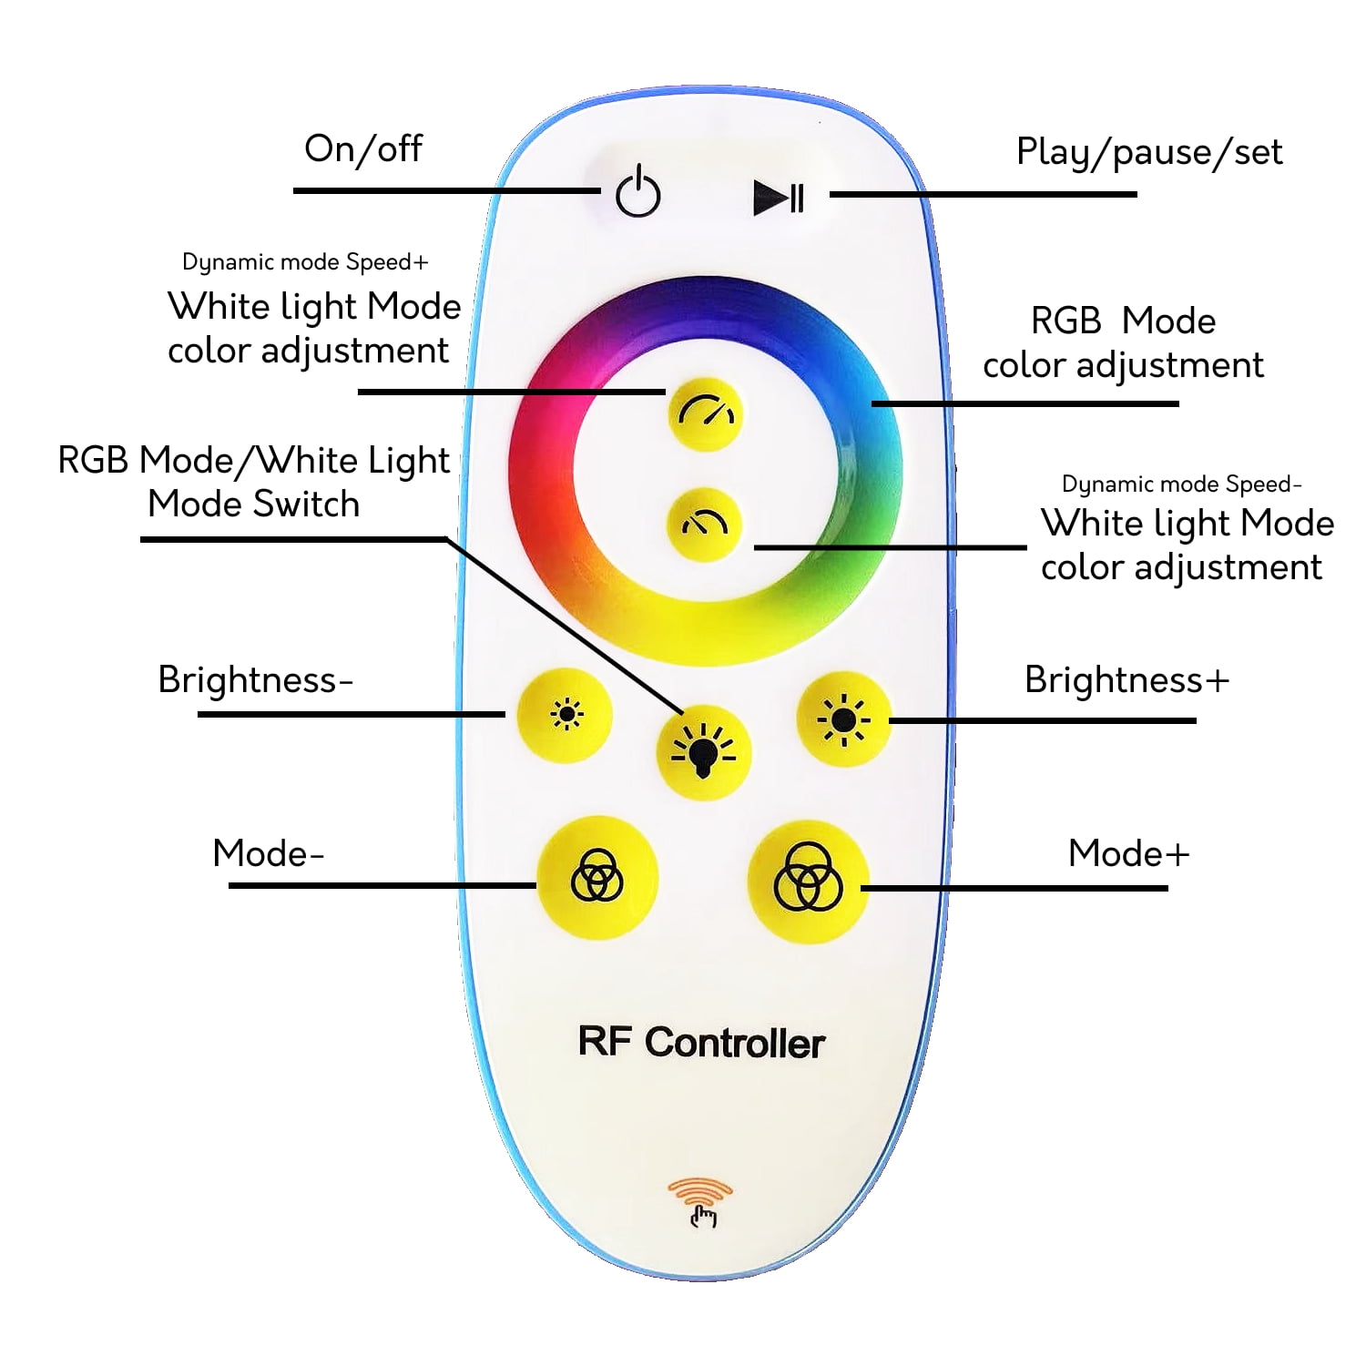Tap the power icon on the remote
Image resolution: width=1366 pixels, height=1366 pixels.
[x=637, y=191]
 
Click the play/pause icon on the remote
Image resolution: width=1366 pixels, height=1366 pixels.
[x=779, y=198]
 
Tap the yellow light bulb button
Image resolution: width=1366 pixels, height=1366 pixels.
[x=704, y=752]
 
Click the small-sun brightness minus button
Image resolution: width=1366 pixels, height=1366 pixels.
[x=566, y=715]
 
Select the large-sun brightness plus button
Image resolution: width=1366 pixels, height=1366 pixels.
[x=844, y=719]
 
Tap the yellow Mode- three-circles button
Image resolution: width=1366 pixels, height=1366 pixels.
[x=597, y=877]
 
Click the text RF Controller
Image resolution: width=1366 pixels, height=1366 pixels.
[x=701, y=1043]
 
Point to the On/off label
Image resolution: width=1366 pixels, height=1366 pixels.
[x=363, y=148]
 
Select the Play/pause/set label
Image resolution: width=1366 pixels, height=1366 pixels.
[x=1149, y=152]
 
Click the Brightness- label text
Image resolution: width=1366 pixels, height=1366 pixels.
[x=255, y=680]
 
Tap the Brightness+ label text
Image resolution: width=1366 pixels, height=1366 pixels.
[x=1126, y=680]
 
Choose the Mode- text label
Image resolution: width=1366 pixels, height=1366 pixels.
[x=268, y=853]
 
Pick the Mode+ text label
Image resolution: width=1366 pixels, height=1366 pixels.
[x=1128, y=853]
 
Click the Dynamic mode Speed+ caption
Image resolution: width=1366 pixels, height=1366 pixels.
[x=305, y=262]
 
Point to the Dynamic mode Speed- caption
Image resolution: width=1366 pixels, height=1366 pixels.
[x=1182, y=484]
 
